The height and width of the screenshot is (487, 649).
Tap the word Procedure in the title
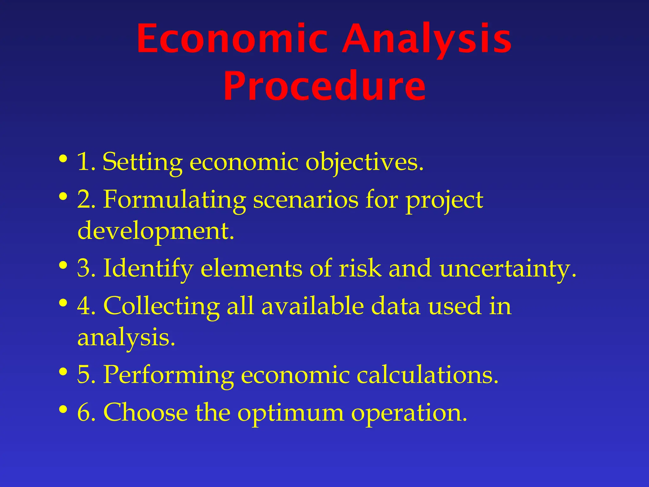coord(324,86)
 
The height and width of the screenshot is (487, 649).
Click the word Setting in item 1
coord(142,162)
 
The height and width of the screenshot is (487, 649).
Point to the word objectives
coord(364,163)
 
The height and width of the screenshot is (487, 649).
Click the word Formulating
coord(175,200)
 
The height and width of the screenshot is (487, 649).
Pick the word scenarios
coord(305,200)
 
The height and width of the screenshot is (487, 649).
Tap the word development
coord(156,231)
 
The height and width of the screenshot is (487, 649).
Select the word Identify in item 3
coord(148,269)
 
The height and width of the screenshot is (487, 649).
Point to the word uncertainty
coord(507,269)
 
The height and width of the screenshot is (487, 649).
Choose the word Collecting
coord(162,306)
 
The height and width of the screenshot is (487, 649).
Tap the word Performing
coord(169,375)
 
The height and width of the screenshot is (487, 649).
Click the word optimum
coord(291,413)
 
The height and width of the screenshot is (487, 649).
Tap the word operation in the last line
coord(409,413)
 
